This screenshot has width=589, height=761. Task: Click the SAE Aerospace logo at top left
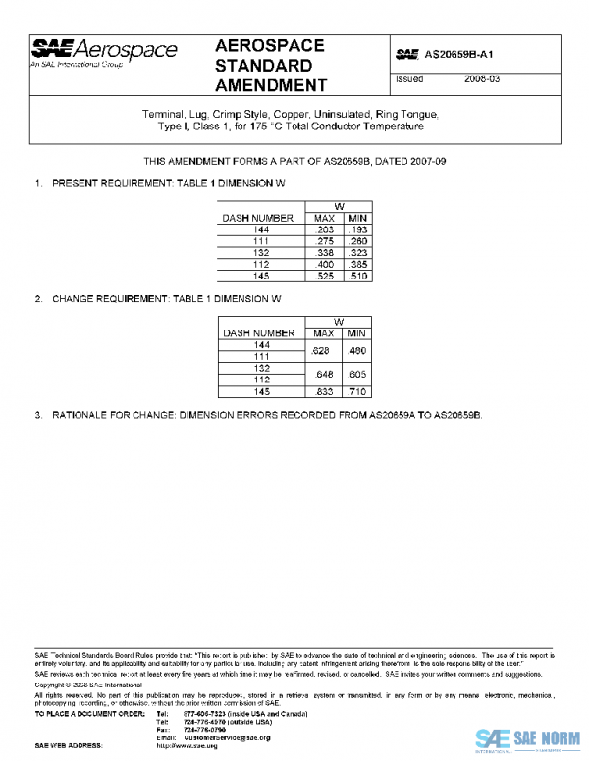pos(104,52)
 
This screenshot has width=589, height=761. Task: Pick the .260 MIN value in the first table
pos(358,240)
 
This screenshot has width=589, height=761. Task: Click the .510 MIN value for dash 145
pos(358,277)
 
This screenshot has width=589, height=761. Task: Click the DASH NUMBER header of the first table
pos(259,218)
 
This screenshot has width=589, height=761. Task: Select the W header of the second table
pos(339,322)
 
